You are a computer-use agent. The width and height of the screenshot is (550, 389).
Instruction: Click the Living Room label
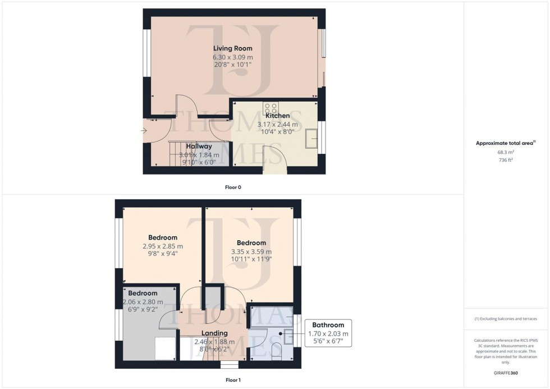232,48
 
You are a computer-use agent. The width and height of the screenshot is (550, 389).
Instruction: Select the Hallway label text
199,146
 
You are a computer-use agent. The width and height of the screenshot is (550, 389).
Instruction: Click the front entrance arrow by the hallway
145,131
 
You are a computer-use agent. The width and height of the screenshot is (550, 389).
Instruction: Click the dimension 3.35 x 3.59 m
251,251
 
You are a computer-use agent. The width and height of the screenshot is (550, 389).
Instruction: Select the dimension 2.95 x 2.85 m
162,246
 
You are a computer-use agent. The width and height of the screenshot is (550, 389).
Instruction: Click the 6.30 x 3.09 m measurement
232,57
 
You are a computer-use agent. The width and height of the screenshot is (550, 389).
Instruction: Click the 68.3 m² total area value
506,152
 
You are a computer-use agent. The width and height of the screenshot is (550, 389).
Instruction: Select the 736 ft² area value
506,160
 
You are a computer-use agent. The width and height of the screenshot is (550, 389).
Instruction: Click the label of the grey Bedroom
143,293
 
